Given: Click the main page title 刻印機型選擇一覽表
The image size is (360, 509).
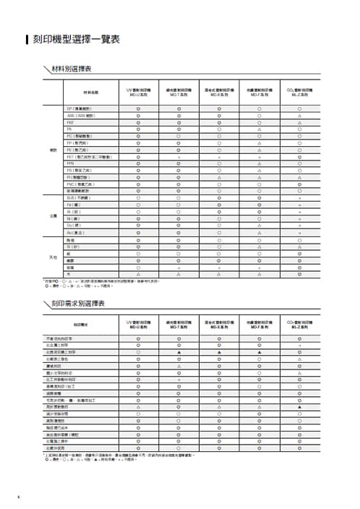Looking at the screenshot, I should [x=76, y=40].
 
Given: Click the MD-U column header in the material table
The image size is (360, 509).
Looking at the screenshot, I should [x=138, y=93].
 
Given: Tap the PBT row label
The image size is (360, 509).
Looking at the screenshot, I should [x=70, y=122].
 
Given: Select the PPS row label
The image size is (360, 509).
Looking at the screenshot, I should [x=70, y=163].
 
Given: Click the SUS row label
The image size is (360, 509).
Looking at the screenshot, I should [x=78, y=197].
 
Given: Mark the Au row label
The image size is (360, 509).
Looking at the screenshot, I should [x=74, y=232].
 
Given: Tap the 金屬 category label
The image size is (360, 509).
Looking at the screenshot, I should [x=53, y=215].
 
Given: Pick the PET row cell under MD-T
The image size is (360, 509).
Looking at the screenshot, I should [x=179, y=156].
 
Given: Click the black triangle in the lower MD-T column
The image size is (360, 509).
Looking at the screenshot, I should [x=179, y=352].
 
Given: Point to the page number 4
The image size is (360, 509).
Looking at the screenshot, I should [x=17, y=496].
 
